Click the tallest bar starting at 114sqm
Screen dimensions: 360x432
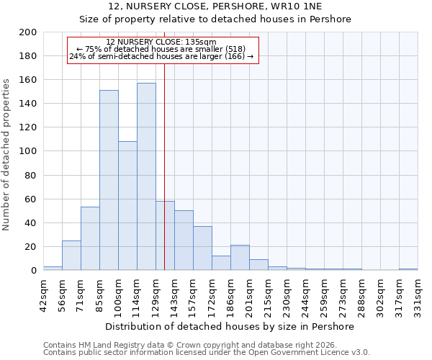(x=146, y=176)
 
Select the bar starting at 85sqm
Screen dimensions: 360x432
(x=109, y=180)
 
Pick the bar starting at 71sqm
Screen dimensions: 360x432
(x=90, y=238)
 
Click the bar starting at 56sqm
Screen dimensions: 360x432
(x=71, y=255)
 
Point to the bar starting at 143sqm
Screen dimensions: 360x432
(x=184, y=240)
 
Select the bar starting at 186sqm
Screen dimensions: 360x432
(x=240, y=257)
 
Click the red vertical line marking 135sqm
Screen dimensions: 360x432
(x=164, y=166)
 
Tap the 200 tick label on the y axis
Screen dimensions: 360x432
(x=27, y=32)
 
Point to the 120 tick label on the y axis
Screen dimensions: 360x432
(x=27, y=127)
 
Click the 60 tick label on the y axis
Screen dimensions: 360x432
(x=30, y=199)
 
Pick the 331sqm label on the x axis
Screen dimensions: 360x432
(x=418, y=294)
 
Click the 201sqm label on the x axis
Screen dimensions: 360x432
(x=249, y=294)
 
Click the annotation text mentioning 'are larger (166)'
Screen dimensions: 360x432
(x=161, y=57)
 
